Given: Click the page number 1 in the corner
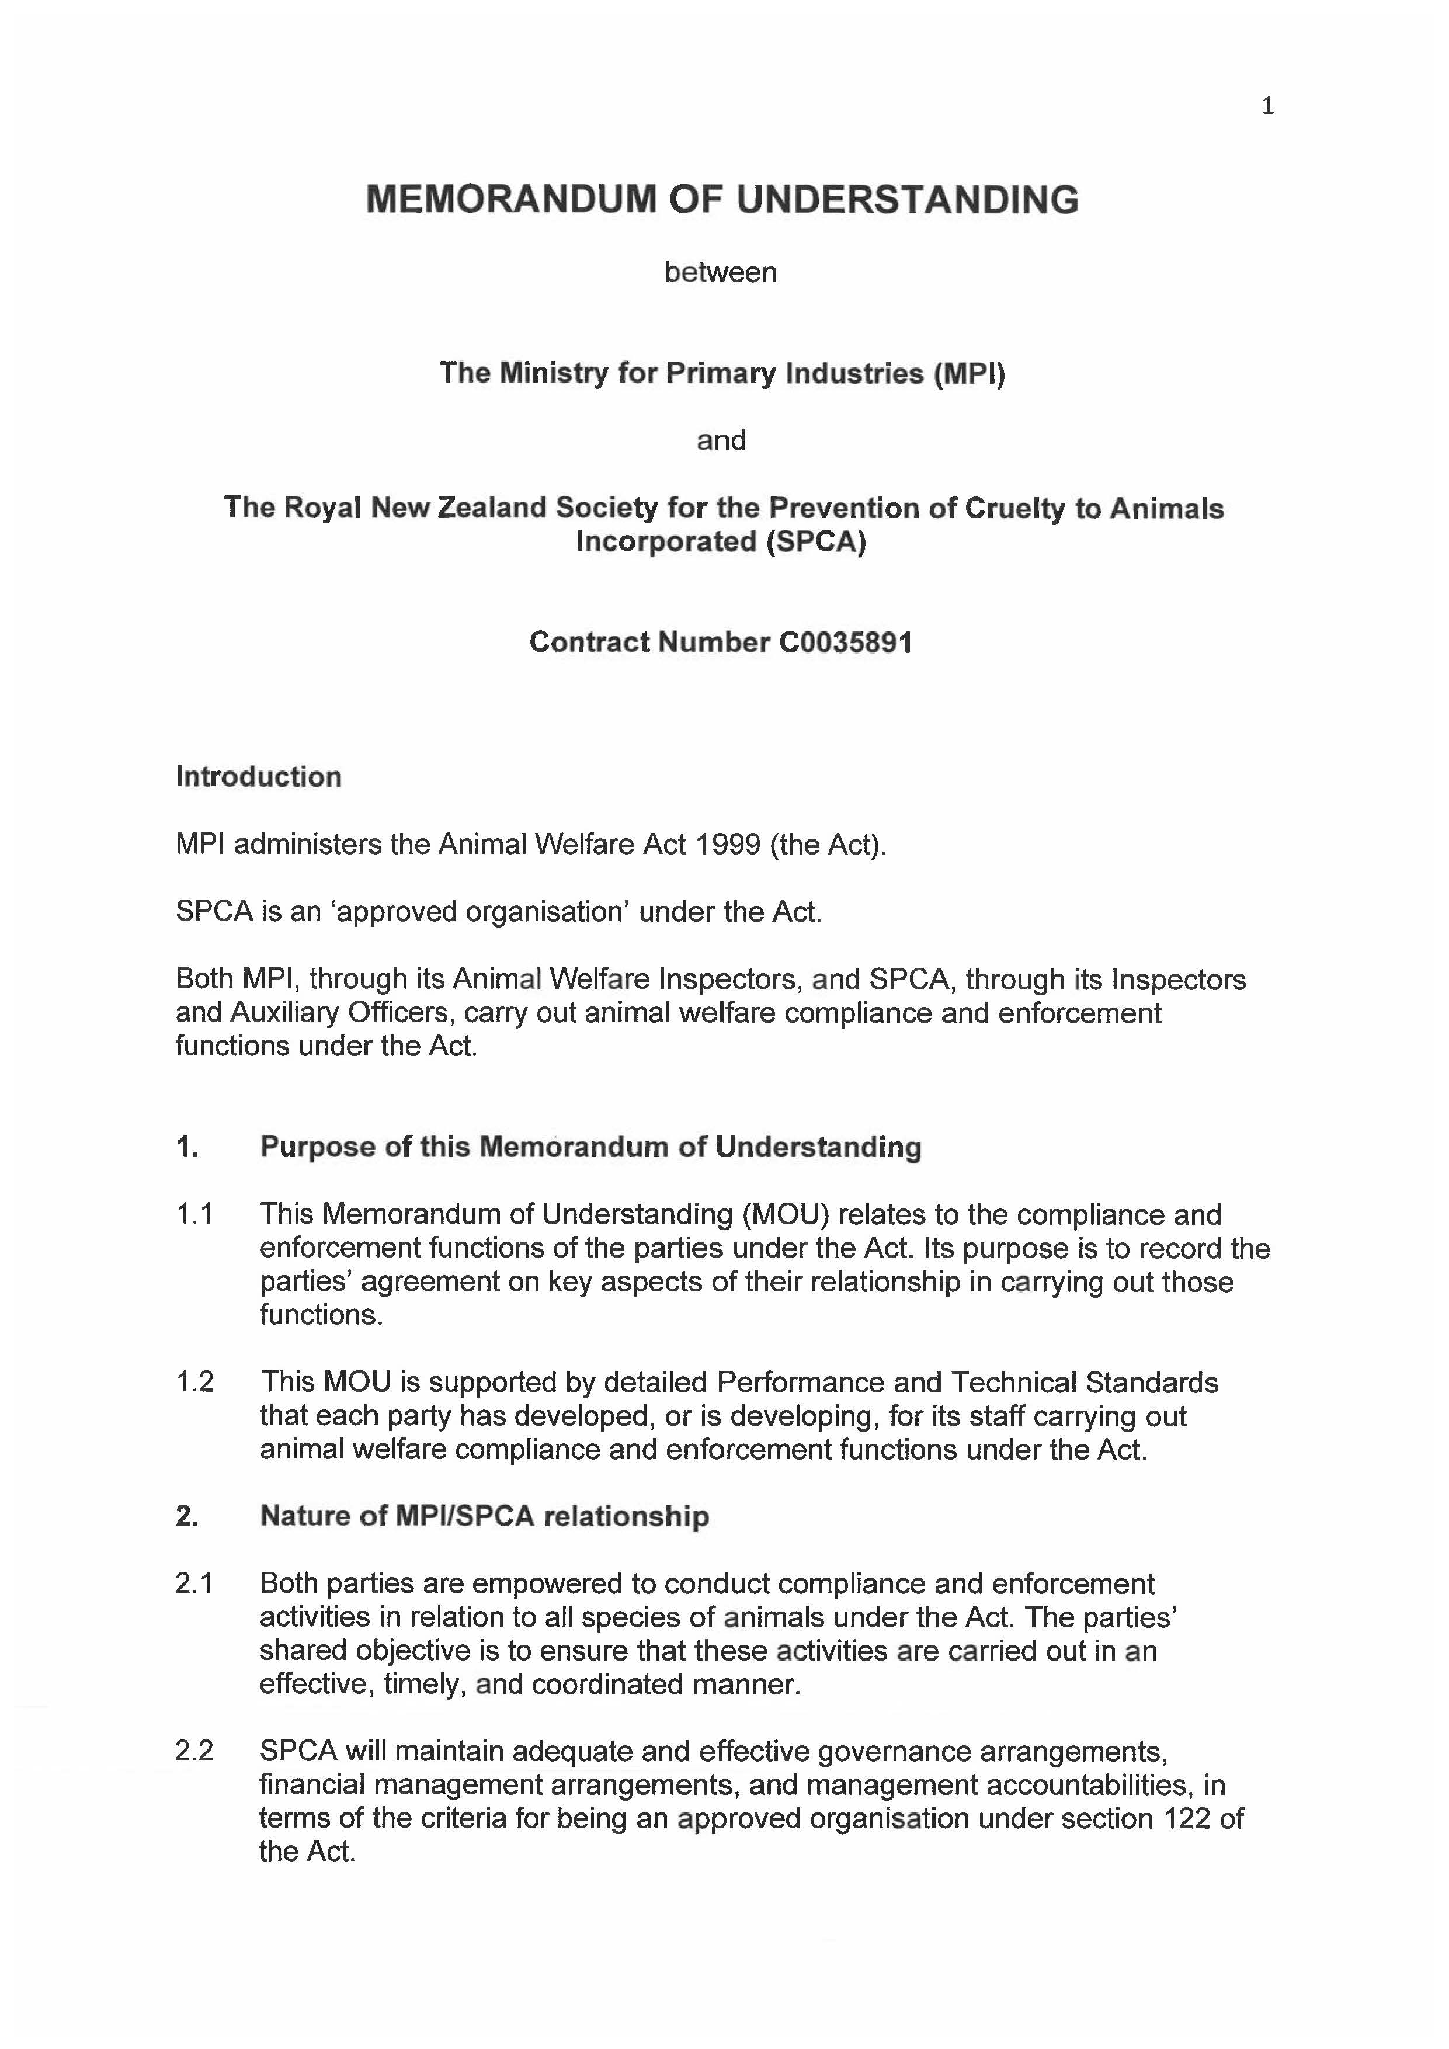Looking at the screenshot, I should pos(1267,107).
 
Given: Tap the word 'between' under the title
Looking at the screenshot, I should pos(720,272).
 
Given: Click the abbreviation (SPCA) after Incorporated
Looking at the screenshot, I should pos(815,541).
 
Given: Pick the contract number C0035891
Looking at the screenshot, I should pos(845,643).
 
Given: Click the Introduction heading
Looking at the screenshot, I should pos(259,776).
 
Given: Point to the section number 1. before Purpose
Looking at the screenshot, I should pos(187,1147).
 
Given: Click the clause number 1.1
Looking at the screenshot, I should pos(194,1214).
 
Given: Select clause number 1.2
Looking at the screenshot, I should pos(194,1383).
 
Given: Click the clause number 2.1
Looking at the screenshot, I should pos(194,1584).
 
